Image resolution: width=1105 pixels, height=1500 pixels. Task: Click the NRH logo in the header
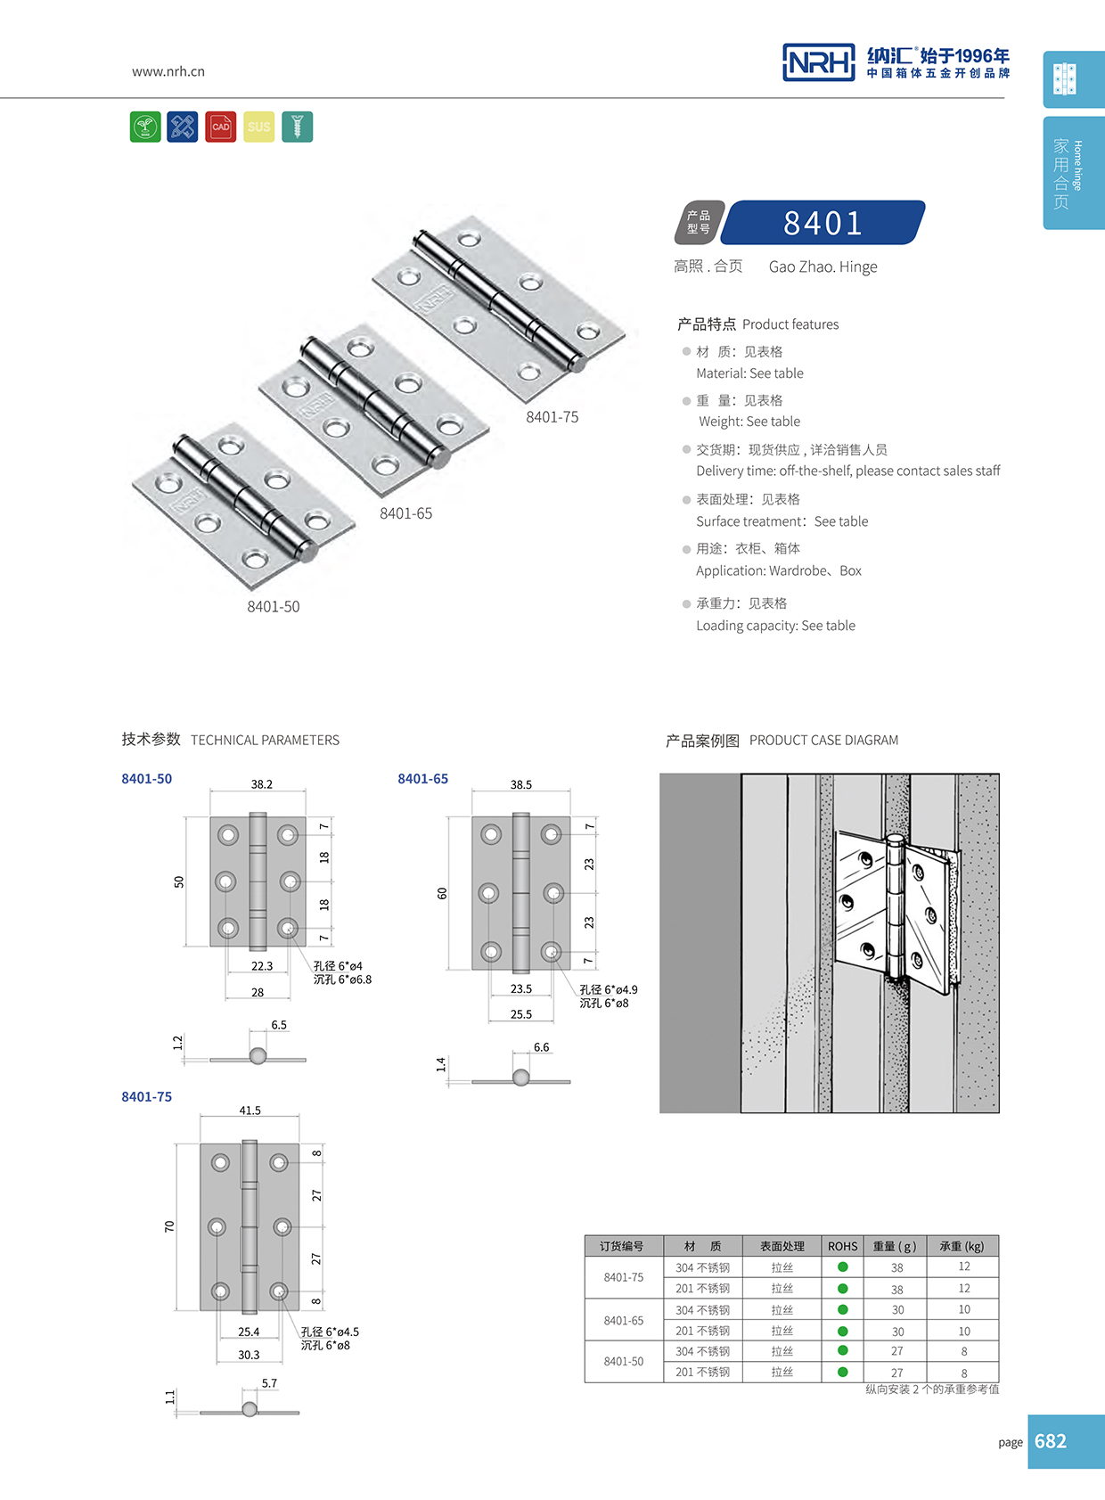818,62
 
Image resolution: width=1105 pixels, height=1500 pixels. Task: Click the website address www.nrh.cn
168,71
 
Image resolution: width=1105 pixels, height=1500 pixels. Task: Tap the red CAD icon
220,127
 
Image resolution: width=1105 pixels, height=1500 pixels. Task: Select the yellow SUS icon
258,127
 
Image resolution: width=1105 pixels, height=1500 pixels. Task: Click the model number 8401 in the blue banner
823,223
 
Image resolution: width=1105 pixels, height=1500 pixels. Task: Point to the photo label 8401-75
552,417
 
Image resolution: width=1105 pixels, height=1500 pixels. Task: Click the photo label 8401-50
273,607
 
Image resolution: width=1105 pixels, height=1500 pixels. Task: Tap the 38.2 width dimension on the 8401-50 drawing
261,784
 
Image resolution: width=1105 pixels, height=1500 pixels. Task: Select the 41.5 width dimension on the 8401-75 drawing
250,1111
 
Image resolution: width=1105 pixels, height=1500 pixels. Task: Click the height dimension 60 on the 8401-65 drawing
442,893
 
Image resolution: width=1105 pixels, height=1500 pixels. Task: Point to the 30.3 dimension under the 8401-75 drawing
249,1355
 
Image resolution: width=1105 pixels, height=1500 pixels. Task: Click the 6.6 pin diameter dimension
541,1047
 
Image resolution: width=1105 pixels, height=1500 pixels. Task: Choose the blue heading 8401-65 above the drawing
422,779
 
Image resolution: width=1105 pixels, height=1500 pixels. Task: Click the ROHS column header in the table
842,1246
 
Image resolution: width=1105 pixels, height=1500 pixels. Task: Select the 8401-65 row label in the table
623,1321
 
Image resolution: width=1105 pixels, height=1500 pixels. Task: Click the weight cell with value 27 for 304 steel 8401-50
896,1351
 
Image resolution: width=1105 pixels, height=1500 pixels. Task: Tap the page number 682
1050,1441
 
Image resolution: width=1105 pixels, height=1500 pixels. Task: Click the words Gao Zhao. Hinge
823,267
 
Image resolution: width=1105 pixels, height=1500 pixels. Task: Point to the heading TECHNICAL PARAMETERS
265,741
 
